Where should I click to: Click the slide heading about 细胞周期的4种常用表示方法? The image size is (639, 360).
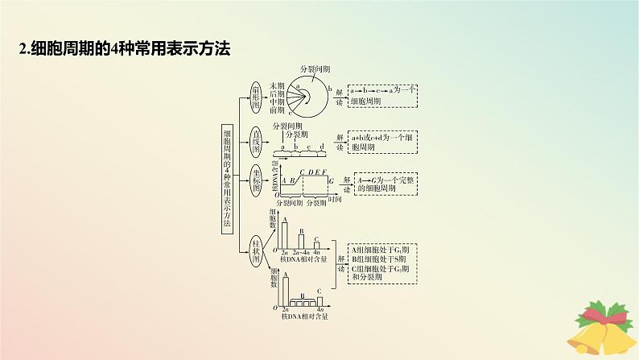coord(125,48)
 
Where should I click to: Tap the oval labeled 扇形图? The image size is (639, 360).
coord(257,94)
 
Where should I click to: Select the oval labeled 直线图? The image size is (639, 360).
coord(257,142)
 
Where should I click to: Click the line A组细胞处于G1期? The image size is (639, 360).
coord(379,249)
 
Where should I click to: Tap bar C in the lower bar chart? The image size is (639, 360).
coord(319,299)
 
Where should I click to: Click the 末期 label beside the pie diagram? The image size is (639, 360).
coord(277,85)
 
